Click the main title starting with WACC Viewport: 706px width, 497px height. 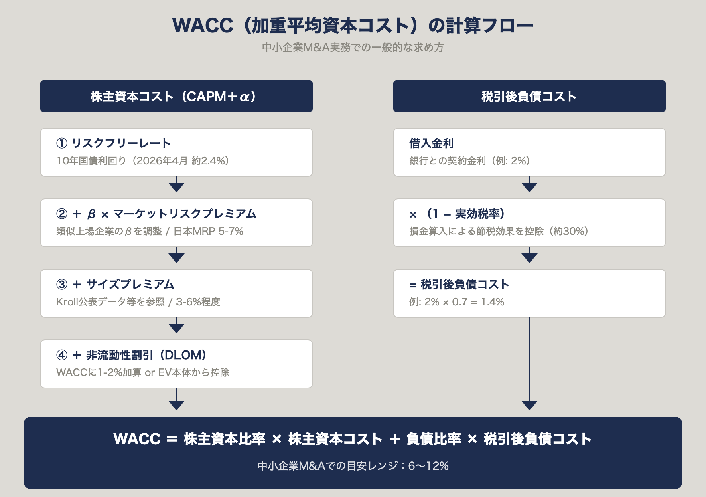353,25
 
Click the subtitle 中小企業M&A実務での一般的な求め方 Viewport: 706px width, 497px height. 353,48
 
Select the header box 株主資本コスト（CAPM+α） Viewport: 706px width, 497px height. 176,96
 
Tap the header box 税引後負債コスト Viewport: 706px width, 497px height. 529,96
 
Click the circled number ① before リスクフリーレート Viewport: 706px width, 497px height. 62,143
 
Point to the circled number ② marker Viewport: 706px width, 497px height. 62,214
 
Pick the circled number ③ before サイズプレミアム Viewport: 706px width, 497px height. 62,284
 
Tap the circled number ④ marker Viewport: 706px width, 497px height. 62,355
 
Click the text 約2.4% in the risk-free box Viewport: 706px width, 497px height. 207,161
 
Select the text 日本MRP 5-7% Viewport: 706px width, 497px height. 209,231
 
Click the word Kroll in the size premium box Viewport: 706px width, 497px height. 67,302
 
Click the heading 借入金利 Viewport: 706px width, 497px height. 431,143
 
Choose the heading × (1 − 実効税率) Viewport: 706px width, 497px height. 457,214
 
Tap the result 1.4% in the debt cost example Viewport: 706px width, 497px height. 493,302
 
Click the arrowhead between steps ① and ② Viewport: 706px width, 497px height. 176,187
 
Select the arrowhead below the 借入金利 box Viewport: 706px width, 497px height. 529,187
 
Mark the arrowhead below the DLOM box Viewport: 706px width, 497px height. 176,405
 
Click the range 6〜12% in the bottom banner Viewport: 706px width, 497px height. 428,466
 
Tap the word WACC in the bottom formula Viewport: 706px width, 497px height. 137,439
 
